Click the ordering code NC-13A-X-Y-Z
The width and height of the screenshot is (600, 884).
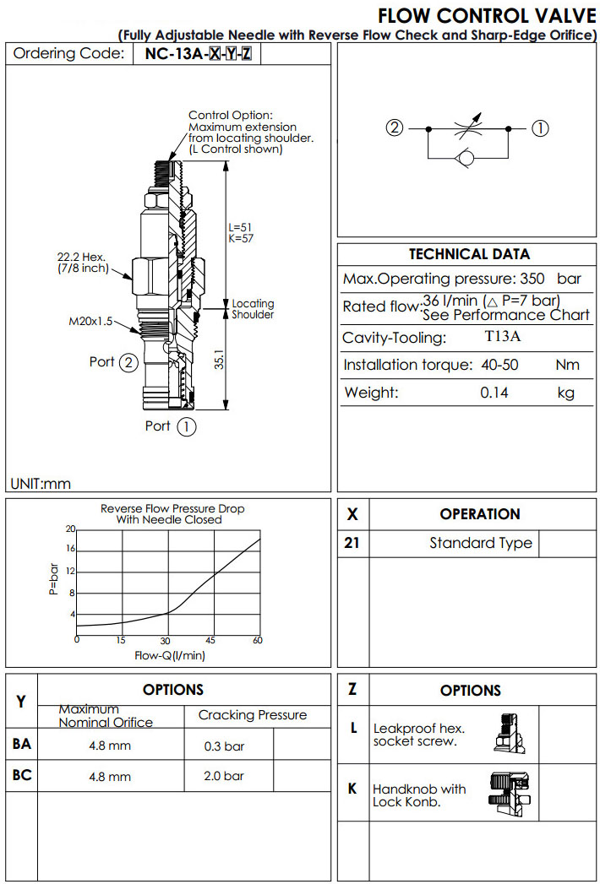[x=198, y=54]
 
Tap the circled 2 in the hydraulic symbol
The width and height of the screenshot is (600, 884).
[x=395, y=128]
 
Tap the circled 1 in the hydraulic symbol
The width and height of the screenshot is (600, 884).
[x=540, y=128]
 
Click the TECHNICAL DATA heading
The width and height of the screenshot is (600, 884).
[x=469, y=254]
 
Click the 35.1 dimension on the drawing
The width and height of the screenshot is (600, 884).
[x=219, y=361]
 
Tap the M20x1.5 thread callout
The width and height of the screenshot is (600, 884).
[x=90, y=321]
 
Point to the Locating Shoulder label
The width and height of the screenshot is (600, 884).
[x=253, y=309]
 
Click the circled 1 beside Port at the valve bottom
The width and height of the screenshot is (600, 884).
[x=187, y=426]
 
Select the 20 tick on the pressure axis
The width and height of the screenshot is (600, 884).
[x=71, y=529]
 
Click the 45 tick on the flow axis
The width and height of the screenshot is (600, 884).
[x=212, y=640]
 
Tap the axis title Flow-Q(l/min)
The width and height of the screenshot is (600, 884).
[x=170, y=654]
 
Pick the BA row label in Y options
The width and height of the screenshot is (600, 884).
[x=22, y=744]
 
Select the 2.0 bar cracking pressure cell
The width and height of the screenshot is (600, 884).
[x=224, y=775]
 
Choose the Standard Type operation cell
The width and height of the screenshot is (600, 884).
[x=480, y=543]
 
